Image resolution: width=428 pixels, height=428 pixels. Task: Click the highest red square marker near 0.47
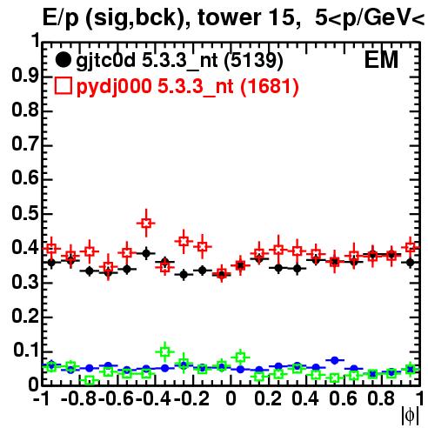coord(146,224)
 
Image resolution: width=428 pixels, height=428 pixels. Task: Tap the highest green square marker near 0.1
coord(165,352)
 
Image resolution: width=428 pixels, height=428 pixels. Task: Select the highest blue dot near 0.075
coord(335,360)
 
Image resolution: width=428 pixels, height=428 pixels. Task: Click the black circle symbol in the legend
coord(63,60)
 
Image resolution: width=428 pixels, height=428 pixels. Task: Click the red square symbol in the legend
coord(63,86)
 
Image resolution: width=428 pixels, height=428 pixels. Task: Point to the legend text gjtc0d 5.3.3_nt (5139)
coord(179,61)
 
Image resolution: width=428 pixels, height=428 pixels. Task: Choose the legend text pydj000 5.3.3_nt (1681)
coord(187,87)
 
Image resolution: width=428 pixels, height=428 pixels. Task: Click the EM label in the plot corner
coord(381,60)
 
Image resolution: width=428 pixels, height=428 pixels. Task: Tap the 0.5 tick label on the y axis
coord(25,213)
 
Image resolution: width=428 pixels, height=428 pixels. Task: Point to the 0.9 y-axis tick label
coord(25,76)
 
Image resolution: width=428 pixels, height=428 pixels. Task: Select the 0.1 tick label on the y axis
coord(25,351)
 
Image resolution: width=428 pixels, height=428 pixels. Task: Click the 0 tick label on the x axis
coord(231,398)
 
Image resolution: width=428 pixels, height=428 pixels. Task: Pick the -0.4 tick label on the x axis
coord(153,398)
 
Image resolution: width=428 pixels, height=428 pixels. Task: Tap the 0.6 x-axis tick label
coord(343,398)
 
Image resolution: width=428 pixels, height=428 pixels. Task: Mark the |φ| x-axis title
coord(410,416)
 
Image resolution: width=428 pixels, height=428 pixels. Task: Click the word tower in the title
coord(227,17)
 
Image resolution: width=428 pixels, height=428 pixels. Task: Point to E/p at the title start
coord(61,18)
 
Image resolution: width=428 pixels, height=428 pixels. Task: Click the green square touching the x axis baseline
coord(90,380)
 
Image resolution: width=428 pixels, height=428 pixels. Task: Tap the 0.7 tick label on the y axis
coord(25,144)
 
